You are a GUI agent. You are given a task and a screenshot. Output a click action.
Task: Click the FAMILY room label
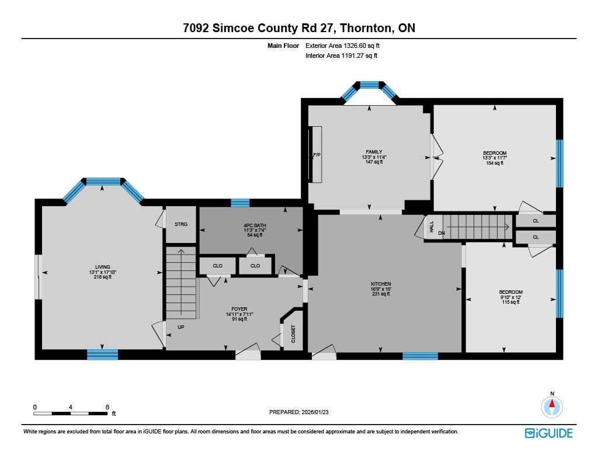tap(374, 152)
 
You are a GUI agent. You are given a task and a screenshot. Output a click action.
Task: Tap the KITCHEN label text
tap(381, 284)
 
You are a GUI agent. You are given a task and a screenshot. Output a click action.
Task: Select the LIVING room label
tap(103, 267)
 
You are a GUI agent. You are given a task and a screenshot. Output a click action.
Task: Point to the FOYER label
tap(239, 309)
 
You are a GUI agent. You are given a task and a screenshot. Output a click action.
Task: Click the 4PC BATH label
tap(255, 225)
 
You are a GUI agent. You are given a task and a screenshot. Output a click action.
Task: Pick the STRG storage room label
tap(181, 224)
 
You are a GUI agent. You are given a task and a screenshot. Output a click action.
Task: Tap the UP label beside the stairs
tap(181, 327)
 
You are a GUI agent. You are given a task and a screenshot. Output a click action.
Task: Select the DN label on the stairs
tap(441, 233)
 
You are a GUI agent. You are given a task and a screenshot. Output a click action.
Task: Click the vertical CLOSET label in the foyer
tap(293, 334)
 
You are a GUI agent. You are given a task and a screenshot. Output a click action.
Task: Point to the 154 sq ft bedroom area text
tap(495, 163)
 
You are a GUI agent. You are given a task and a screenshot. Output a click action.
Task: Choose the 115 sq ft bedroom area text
tap(510, 302)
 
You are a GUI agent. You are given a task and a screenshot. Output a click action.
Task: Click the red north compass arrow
tap(552, 404)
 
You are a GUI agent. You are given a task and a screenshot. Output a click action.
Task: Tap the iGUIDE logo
tap(549, 433)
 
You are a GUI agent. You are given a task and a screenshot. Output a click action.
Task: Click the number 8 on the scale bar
tap(107, 407)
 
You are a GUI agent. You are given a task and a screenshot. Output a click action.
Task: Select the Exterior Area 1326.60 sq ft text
tap(342, 46)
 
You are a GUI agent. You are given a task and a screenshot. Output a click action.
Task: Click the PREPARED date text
tap(298, 412)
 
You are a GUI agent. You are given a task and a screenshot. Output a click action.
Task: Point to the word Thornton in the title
tap(366, 28)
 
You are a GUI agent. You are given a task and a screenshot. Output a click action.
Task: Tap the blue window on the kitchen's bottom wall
tap(420, 356)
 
